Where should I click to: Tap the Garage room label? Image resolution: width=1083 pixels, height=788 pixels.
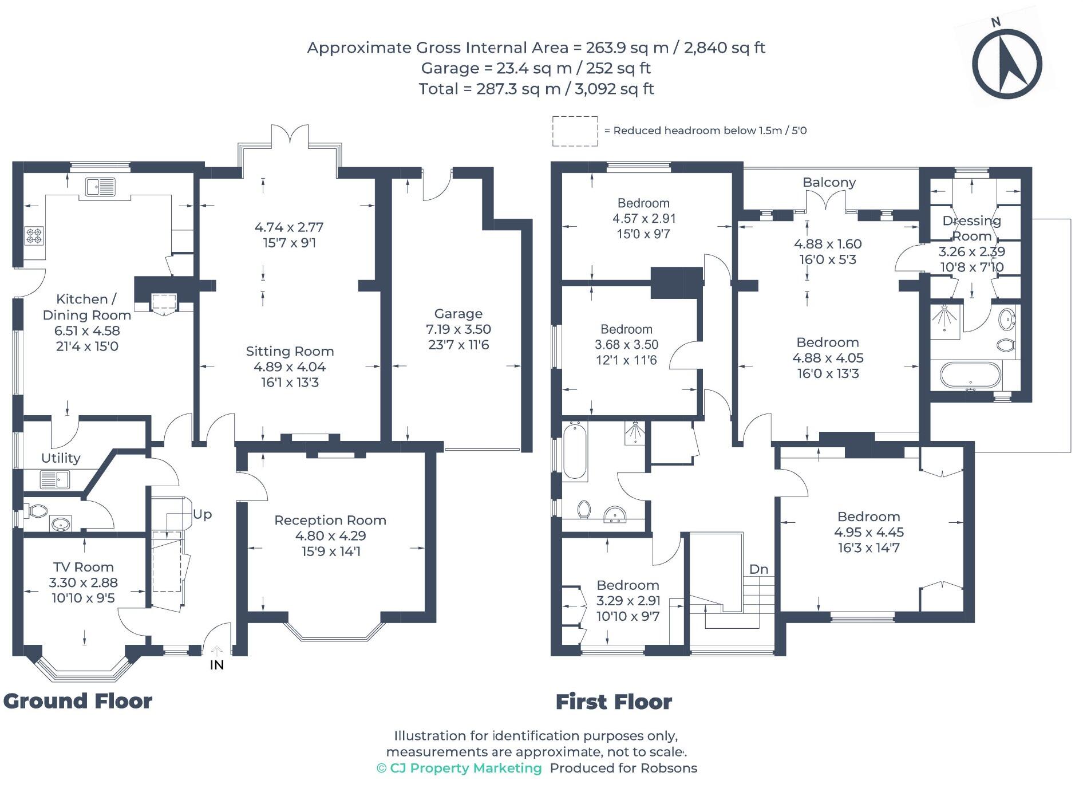[x=458, y=314]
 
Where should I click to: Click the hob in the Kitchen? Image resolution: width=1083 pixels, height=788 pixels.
[x=34, y=235]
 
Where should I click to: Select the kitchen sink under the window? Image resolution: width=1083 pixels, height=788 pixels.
[x=100, y=187]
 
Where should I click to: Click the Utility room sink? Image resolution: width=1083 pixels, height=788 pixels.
[x=54, y=479]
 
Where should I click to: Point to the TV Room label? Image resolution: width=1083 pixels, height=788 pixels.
[x=84, y=567]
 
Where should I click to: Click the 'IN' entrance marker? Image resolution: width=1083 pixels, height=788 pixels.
[x=216, y=665]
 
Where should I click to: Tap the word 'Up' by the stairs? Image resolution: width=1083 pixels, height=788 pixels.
[x=202, y=514]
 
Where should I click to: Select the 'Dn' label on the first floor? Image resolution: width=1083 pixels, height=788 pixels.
[x=758, y=569]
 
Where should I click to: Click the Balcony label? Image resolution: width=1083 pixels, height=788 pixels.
[x=829, y=182]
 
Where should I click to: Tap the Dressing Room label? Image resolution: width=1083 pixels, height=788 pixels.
[x=971, y=228]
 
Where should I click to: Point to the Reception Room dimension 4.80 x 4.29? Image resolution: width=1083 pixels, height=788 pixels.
[x=330, y=536]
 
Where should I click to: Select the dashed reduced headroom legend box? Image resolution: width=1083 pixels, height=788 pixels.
[x=574, y=131]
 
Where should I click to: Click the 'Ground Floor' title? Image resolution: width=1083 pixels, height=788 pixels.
[x=78, y=701]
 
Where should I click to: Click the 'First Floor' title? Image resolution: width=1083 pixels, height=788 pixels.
[x=614, y=702]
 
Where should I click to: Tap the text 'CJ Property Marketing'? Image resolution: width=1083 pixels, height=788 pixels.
[x=465, y=768]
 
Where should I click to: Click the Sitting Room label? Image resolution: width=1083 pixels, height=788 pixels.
[x=290, y=352]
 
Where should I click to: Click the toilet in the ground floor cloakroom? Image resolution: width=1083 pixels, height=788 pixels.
[x=37, y=510]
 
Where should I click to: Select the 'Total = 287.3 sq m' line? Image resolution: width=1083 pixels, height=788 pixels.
[x=536, y=89]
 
